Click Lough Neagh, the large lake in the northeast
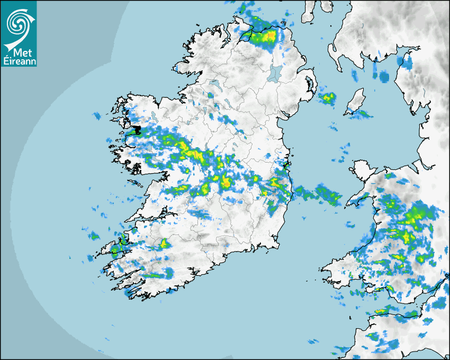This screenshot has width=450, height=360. (x=275, y=73)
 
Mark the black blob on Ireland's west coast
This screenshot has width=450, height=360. (x=137, y=130)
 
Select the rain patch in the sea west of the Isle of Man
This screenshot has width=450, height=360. (x=327, y=97)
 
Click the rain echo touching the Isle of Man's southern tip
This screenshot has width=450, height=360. (x=362, y=113)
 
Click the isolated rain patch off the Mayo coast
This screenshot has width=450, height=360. (x=97, y=115)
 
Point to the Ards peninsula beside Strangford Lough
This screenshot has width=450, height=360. (x=312, y=85)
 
